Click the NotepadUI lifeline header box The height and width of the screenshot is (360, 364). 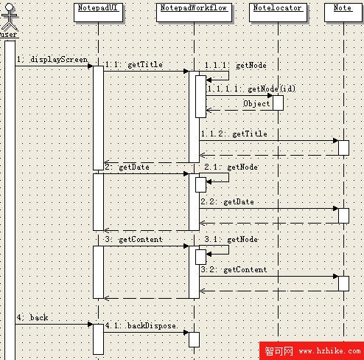(x=98, y=13)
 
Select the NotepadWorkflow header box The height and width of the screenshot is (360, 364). (x=194, y=13)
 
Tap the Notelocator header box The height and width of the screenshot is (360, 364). (x=278, y=13)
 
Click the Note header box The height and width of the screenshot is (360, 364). (x=343, y=13)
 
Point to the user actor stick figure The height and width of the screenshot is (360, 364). (x=10, y=16)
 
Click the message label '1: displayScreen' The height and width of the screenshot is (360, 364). (x=52, y=60)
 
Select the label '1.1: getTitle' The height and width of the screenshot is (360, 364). (x=134, y=65)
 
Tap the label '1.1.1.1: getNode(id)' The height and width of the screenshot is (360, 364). (x=251, y=89)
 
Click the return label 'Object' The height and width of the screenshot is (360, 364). (x=256, y=103)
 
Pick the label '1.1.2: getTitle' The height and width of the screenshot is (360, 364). (x=234, y=134)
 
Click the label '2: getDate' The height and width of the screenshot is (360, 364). (x=127, y=167)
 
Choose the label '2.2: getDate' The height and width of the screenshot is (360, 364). (x=227, y=202)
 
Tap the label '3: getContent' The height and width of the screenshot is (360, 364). (x=133, y=240)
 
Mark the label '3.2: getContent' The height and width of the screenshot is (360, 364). (x=234, y=270)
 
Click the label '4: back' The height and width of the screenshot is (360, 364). (x=32, y=317)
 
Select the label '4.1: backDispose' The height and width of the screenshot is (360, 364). (x=141, y=325)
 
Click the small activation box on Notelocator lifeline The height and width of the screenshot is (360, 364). (x=278, y=103)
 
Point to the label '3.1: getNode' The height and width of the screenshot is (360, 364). (x=231, y=240)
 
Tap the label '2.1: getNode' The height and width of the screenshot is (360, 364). (x=231, y=167)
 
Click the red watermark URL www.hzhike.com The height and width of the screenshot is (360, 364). (x=329, y=351)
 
